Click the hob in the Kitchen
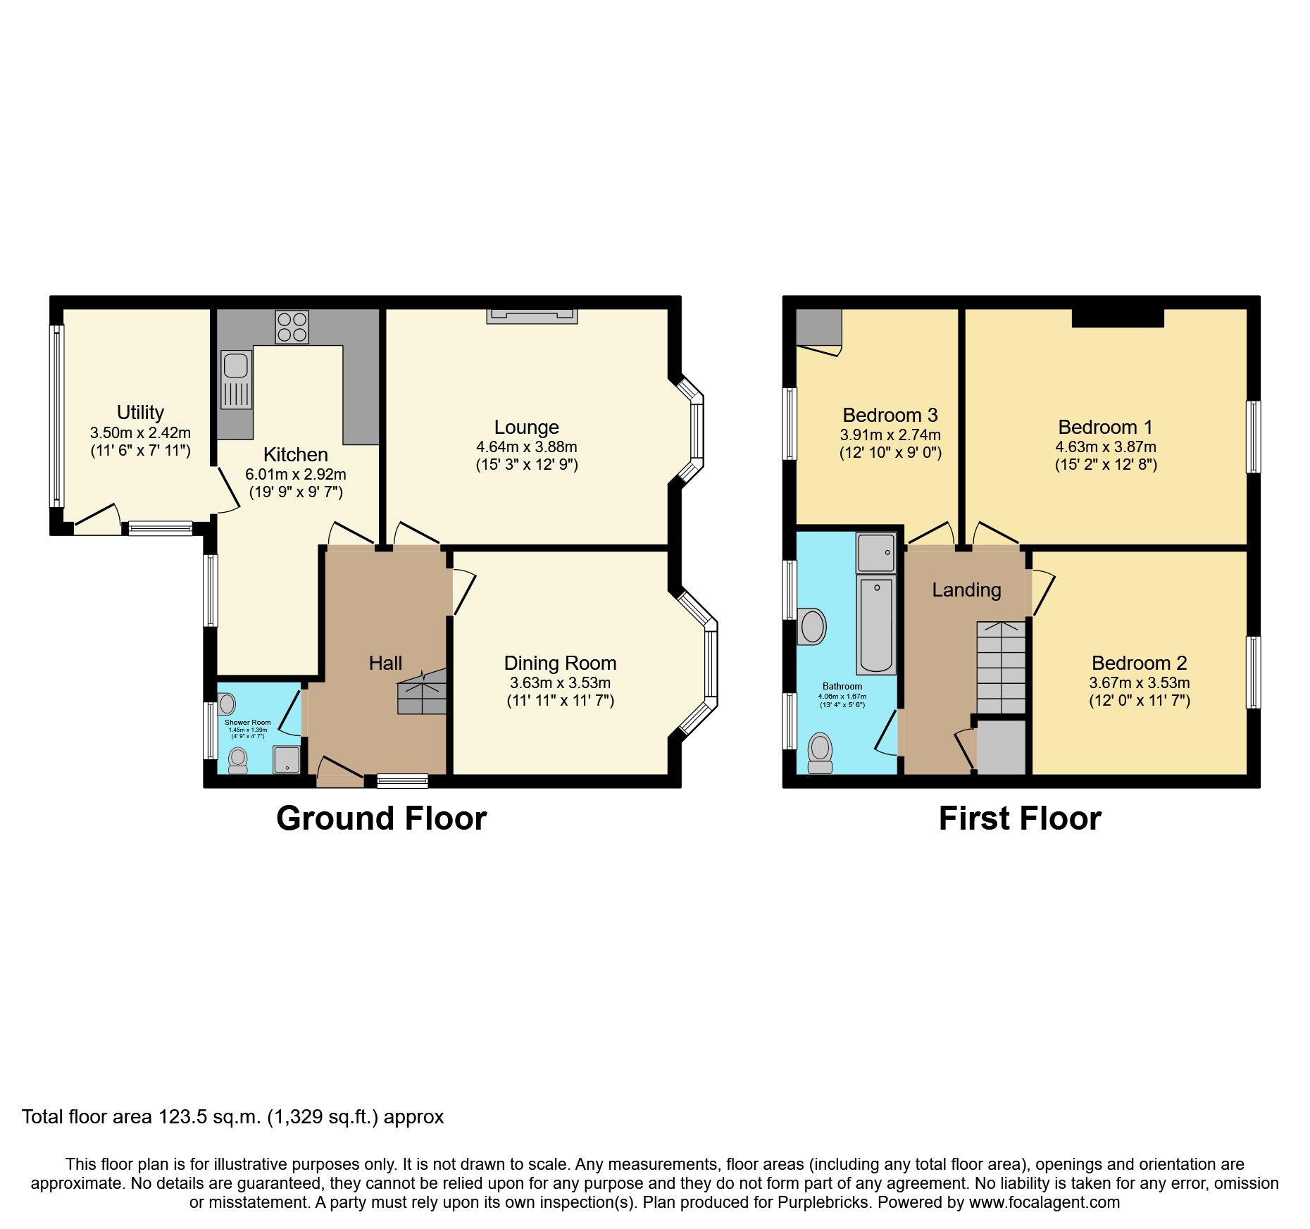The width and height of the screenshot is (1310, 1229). (292, 327)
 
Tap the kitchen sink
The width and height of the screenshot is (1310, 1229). (235, 380)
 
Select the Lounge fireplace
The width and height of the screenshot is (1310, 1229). (532, 316)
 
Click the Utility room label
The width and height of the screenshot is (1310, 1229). (140, 412)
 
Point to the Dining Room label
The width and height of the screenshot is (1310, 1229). (560, 663)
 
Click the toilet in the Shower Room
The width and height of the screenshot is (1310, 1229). (238, 761)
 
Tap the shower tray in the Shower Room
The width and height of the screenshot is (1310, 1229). (287, 759)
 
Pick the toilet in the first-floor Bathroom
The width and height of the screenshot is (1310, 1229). (820, 753)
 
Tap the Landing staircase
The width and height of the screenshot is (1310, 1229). (1001, 668)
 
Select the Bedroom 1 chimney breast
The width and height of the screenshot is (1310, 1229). (1118, 318)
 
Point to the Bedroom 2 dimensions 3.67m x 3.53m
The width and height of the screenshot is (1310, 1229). (1140, 682)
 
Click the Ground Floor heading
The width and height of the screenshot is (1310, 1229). (382, 818)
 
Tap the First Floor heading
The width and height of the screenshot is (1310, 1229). (1020, 818)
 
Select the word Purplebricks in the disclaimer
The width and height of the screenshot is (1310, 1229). (823, 1202)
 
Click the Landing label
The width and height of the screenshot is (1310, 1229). (966, 590)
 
